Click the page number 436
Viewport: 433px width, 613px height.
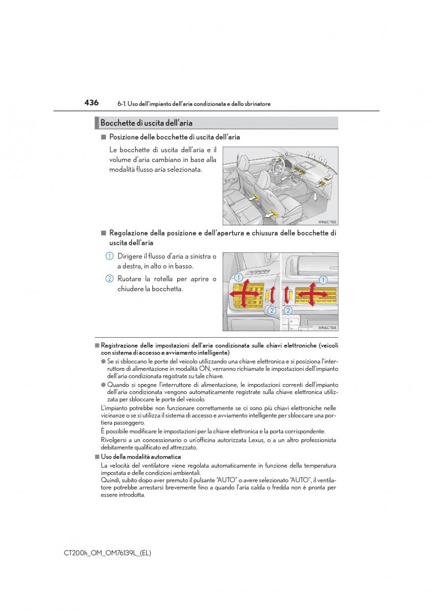[91, 103]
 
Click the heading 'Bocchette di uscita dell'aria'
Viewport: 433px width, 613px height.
[146, 123]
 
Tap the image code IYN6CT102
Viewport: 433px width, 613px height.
[328, 222]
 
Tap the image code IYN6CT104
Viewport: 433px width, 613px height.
[327, 328]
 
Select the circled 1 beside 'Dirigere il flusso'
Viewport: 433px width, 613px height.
[109, 256]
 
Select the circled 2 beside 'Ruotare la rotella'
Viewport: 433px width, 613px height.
[109, 279]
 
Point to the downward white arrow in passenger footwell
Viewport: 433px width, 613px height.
[316, 197]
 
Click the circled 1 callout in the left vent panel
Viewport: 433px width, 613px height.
[238, 277]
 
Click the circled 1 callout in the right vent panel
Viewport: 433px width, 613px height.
[323, 279]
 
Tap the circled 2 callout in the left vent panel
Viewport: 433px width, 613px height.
[272, 310]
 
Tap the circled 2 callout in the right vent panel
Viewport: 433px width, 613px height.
[288, 310]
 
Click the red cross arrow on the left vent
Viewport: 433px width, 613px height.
[248, 296]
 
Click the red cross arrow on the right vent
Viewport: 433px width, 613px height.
[313, 294]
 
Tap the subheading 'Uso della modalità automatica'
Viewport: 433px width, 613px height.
[141, 457]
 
